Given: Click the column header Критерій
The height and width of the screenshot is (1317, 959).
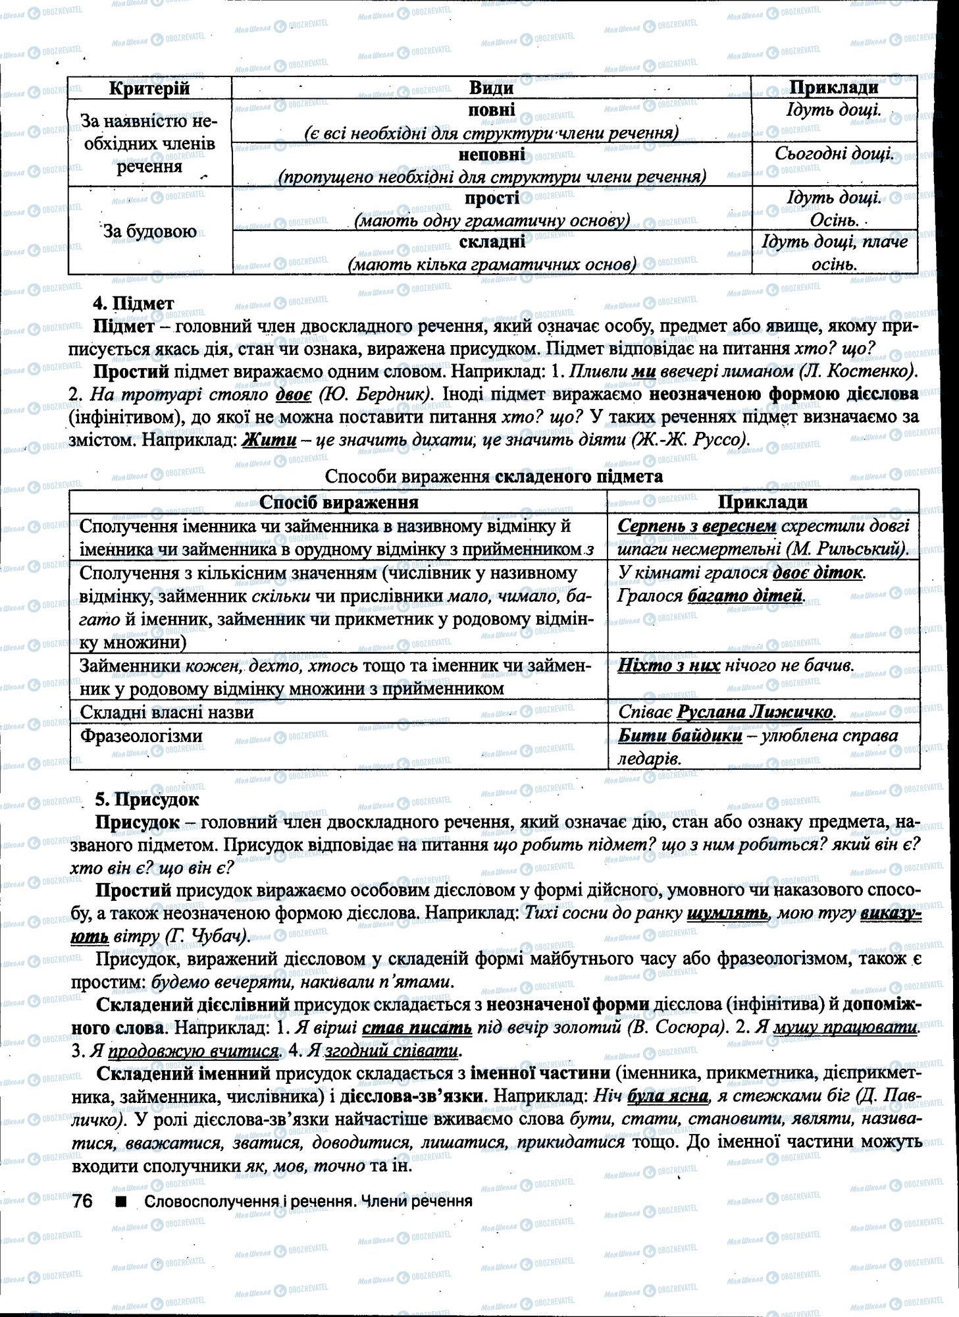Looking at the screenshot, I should click(149, 88).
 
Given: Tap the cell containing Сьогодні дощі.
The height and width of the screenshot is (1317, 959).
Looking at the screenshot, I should click(834, 154).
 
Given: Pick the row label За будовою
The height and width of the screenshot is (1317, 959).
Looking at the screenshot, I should click(149, 231).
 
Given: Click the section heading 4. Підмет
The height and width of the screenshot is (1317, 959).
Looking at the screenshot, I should click(134, 304).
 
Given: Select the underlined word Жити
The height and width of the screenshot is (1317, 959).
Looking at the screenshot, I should click(269, 439).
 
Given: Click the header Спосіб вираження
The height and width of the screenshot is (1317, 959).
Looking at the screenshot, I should click(339, 502).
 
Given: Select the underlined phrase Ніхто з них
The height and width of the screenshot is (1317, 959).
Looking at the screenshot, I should click(669, 666).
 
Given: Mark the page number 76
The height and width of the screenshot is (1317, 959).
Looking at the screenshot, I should click(82, 1200).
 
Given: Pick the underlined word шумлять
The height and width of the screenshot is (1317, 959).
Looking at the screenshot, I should click(727, 913).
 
